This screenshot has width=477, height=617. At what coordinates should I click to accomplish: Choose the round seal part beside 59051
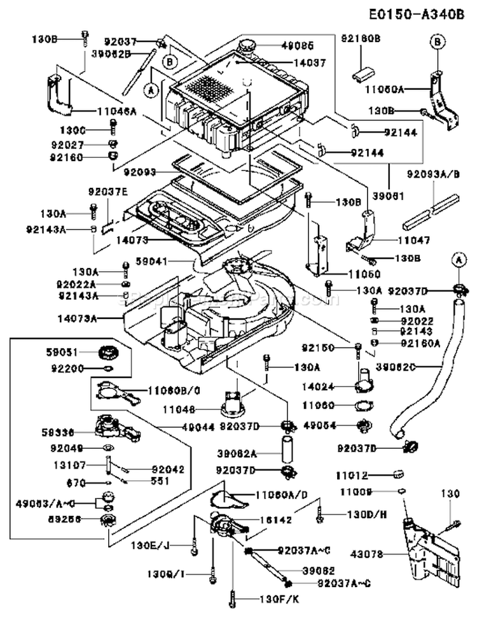[109, 351]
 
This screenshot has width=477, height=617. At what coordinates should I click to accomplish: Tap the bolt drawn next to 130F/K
[234, 598]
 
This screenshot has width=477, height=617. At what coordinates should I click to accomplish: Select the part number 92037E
[107, 190]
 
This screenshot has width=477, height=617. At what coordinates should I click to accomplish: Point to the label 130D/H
[366, 513]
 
